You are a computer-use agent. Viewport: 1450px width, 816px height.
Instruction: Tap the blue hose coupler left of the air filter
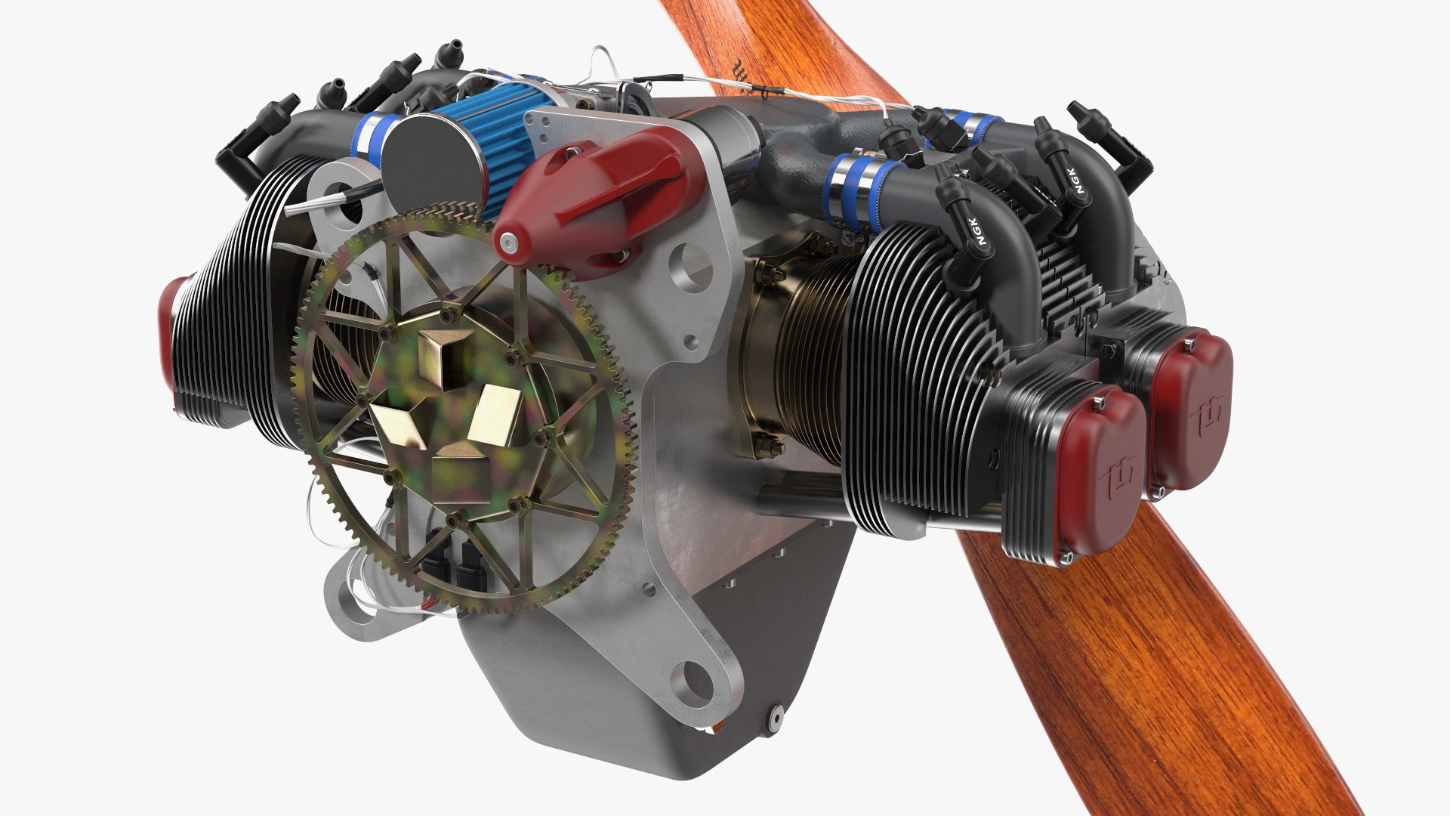(x=370, y=140)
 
